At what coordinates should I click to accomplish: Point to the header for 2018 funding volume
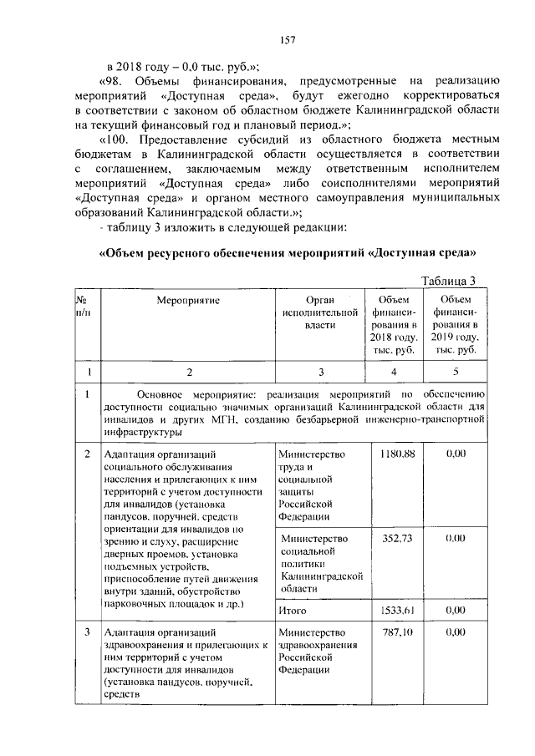click(395, 325)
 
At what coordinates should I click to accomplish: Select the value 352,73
click(398, 539)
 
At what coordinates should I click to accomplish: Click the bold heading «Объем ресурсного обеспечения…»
click(288, 251)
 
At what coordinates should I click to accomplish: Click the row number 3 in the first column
click(87, 632)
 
